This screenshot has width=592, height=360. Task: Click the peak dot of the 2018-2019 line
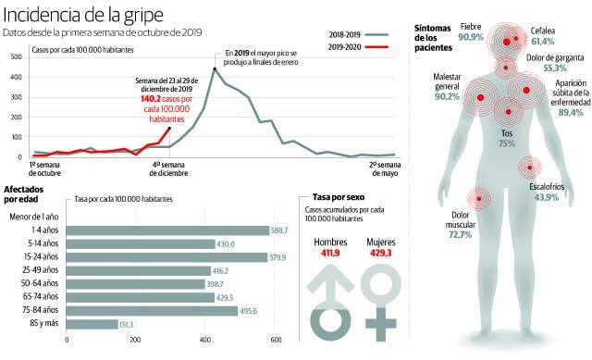pos(215,68)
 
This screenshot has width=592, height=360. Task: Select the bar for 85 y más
pos(92,324)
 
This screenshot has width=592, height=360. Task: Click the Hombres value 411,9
pos(330,252)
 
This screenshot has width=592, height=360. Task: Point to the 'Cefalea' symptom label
pos(543,31)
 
